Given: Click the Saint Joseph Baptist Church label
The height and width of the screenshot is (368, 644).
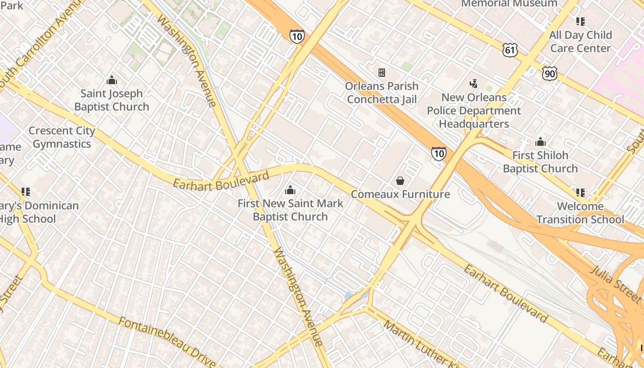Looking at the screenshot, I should [112, 100].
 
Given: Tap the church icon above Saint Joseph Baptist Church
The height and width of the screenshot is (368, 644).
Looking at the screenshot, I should [112, 81].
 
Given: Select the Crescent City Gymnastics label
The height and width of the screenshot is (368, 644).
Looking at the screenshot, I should [62, 137].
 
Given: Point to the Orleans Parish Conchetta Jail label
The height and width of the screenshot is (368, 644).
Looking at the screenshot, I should [382, 92].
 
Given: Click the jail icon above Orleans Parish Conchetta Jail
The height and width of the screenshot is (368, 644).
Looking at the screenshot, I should [382, 73].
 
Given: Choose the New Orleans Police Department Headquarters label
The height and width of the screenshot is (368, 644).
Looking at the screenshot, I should [474, 111].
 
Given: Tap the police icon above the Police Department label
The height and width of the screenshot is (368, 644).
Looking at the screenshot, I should [473, 84].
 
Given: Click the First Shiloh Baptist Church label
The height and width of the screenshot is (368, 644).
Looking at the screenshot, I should [540, 162].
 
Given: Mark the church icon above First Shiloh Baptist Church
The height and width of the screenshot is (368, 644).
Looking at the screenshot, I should [540, 142].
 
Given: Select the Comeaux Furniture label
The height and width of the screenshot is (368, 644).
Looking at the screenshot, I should [400, 194].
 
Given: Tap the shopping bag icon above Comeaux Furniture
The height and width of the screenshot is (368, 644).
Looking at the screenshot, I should [400, 181].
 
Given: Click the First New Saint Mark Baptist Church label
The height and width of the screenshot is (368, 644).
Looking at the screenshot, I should [290, 210].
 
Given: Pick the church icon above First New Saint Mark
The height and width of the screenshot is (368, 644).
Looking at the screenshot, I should [290, 190].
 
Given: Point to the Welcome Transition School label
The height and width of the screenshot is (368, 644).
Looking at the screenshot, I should [580, 213].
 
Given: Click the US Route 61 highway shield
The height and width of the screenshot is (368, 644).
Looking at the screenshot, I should [510, 50].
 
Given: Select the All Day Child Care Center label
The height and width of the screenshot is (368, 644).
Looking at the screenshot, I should [581, 41].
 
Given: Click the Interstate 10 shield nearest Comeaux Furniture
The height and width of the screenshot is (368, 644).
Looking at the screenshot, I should [438, 154].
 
